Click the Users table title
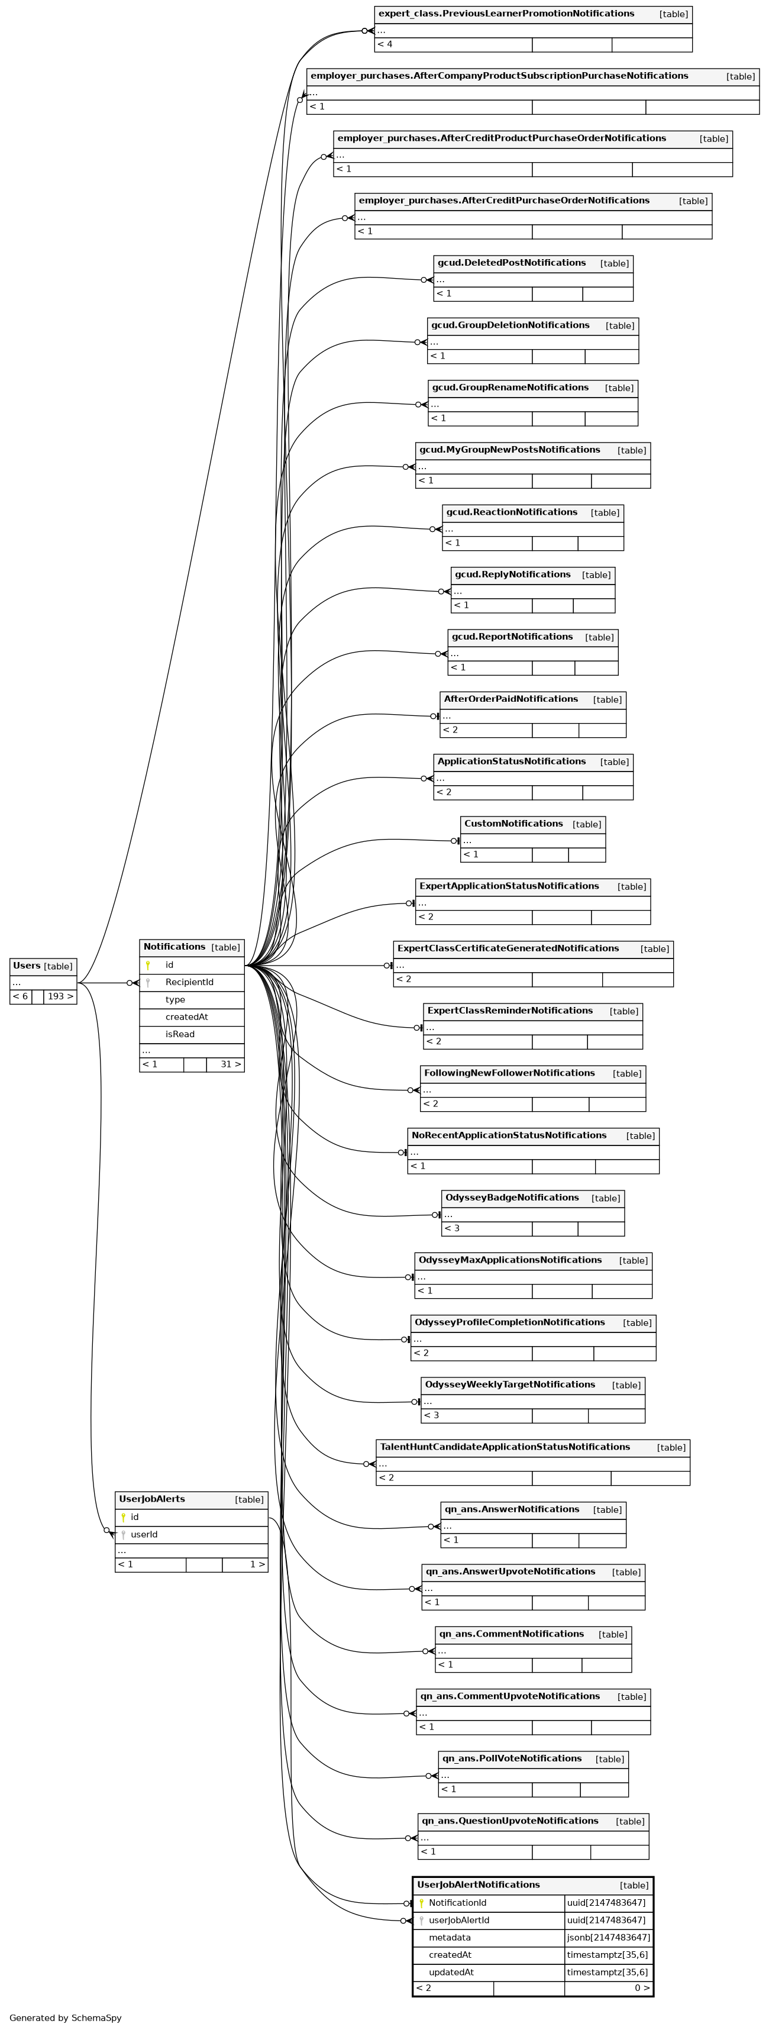pyautogui.click(x=27, y=966)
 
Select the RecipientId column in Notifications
pyautogui.click(x=189, y=982)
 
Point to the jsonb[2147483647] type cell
pyautogui.click(x=608, y=1937)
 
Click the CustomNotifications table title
pyautogui.click(x=513, y=824)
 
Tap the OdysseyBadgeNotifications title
pyautogui.click(x=511, y=1198)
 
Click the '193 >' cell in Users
pyautogui.click(x=60, y=996)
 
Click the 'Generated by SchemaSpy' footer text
pyautogui.click(x=66, y=2018)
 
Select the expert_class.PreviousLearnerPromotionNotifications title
pyautogui.click(x=506, y=14)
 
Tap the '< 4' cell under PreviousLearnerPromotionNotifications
pyautogui.click(x=453, y=44)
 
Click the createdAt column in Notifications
pyautogui.click(x=187, y=1016)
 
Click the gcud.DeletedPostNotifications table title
pyautogui.click(x=511, y=263)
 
